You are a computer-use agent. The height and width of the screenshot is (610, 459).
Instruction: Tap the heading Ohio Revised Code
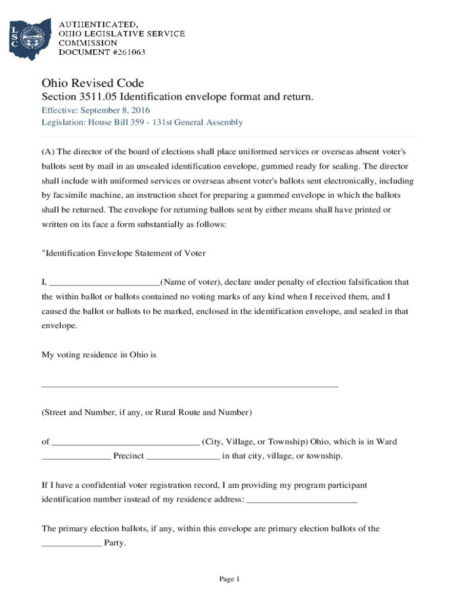click(x=92, y=83)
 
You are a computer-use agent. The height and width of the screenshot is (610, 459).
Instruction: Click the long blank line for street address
click(x=189, y=386)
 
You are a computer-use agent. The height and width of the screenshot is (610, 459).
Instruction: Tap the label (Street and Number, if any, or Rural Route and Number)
click(x=147, y=412)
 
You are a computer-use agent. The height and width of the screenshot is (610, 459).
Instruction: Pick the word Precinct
click(x=129, y=456)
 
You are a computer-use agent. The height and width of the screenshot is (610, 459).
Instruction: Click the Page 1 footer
click(x=229, y=579)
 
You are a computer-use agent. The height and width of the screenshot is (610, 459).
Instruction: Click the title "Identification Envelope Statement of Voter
click(x=123, y=253)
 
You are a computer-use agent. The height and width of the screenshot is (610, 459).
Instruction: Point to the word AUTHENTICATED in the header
click(x=98, y=24)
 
